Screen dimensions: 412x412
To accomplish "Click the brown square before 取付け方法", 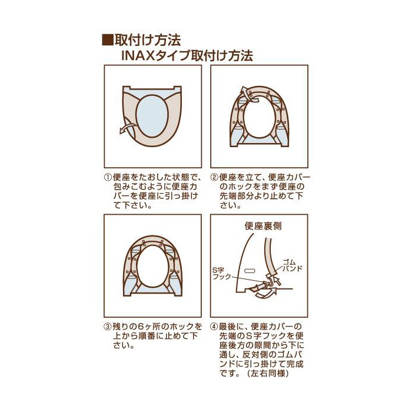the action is click(108, 41).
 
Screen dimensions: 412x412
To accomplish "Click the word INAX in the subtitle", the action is click(138, 56).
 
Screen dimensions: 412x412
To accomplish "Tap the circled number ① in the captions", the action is click(108, 177).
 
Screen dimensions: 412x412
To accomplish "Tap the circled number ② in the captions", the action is click(214, 177).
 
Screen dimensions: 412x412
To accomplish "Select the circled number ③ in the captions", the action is click(108, 327).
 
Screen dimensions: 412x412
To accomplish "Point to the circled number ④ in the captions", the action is click(214, 327).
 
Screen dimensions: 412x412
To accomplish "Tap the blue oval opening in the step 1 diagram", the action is click(152, 116).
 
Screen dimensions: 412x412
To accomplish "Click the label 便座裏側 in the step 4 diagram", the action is click(263, 226).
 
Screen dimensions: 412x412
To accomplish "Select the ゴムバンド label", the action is click(292, 265).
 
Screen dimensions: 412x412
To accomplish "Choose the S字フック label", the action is click(222, 273).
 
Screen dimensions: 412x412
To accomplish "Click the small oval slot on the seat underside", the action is click(250, 270).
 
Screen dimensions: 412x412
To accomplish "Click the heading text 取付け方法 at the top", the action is click(148, 41).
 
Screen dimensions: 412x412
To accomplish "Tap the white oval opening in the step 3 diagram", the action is click(152, 266).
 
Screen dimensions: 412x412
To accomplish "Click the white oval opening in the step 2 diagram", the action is click(260, 117).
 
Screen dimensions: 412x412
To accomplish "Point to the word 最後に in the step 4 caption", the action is click(231, 327).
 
